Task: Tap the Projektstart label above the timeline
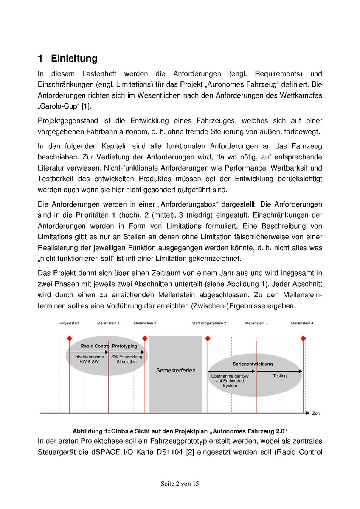pyautogui.click(x=69, y=323)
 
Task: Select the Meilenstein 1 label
pyautogui.click(x=108, y=323)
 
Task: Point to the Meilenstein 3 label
pyautogui.click(x=256, y=323)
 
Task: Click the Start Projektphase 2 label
pyautogui.click(x=209, y=323)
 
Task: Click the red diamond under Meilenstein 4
pyautogui.click(x=303, y=338)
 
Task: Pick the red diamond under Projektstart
pyautogui.click(x=69, y=338)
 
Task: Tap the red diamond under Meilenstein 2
pyautogui.click(x=145, y=338)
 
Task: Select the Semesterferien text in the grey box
pyautogui.click(x=176, y=370)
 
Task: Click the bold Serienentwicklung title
pyautogui.click(x=253, y=364)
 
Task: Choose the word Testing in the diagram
pyautogui.click(x=280, y=376)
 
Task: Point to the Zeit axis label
pyautogui.click(x=316, y=413)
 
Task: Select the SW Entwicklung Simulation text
pyautogui.click(x=127, y=359)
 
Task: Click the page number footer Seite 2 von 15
pyautogui.click(x=180, y=484)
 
